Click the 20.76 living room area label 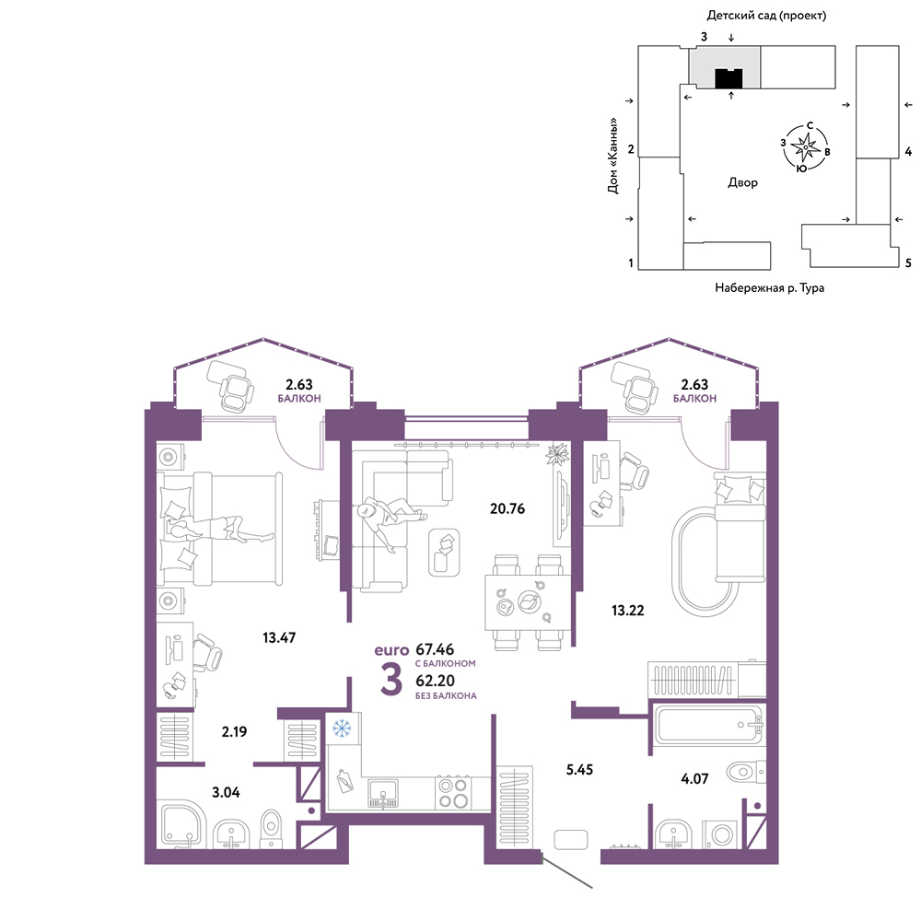pyautogui.click(x=507, y=508)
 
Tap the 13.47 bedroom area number pyautogui.click(x=279, y=637)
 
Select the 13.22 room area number pyautogui.click(x=628, y=611)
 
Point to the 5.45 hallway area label pyautogui.click(x=579, y=769)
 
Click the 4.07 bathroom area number pyautogui.click(x=694, y=779)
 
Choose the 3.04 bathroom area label pyautogui.click(x=227, y=792)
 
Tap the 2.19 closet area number pyautogui.click(x=234, y=732)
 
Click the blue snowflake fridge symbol pyautogui.click(x=342, y=729)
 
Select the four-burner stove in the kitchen pyautogui.click(x=453, y=793)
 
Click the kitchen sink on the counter pyautogui.click(x=383, y=794)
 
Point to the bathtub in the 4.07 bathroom pyautogui.click(x=707, y=726)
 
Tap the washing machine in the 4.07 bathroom pyautogui.click(x=722, y=834)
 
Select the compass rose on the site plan pyautogui.click(x=805, y=146)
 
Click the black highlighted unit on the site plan pyautogui.click(x=729, y=78)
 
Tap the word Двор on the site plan pyautogui.click(x=743, y=182)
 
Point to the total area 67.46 pyautogui.click(x=435, y=649)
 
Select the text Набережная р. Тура pyautogui.click(x=769, y=287)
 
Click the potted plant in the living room pyautogui.click(x=557, y=454)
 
